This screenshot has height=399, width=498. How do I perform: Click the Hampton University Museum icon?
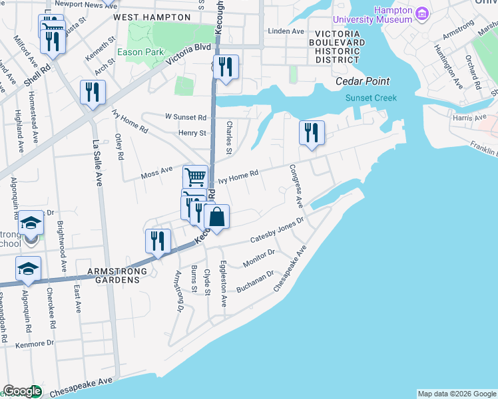pos(421,14)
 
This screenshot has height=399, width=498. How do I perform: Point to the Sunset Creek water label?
pos(371,98)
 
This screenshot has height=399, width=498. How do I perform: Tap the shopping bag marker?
pos(216,217)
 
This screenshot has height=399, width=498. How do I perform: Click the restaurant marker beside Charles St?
pos(226,66)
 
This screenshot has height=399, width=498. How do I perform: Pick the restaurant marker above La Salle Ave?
pos(93,92)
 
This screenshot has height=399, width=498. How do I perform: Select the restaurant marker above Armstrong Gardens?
pos(158,241)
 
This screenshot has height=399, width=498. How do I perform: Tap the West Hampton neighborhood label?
pos(145,16)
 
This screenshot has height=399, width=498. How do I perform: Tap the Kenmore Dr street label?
pos(34,343)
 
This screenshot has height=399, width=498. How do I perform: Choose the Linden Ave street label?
pos(286,31)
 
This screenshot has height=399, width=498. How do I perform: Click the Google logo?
pos(22,391)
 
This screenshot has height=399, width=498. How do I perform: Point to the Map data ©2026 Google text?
pos(456,393)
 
